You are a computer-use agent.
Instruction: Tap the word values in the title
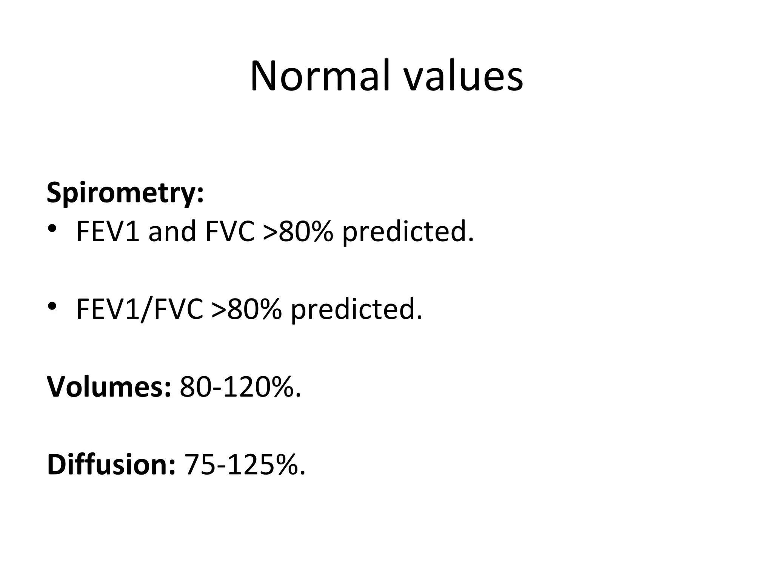[463, 77]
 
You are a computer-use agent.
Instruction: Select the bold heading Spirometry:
[125, 193]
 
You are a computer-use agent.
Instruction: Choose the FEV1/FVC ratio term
[139, 309]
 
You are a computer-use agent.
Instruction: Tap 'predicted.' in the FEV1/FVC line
[357, 309]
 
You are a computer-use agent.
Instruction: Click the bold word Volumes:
[109, 387]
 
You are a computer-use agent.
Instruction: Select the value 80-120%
[240, 387]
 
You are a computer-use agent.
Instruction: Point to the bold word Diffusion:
[111, 464]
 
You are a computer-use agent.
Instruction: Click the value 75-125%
[244, 464]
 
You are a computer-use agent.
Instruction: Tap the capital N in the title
[265, 77]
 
